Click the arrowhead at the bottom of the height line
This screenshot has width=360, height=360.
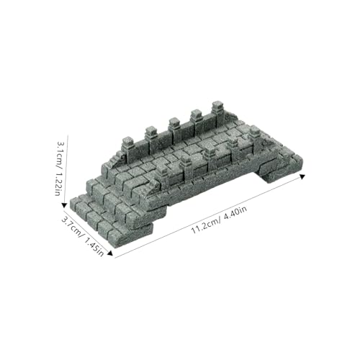point(64,205)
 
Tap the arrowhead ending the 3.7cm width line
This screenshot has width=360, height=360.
point(110,253)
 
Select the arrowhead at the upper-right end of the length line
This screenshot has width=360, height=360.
point(302,176)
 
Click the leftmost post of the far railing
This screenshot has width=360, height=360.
point(128,147)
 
